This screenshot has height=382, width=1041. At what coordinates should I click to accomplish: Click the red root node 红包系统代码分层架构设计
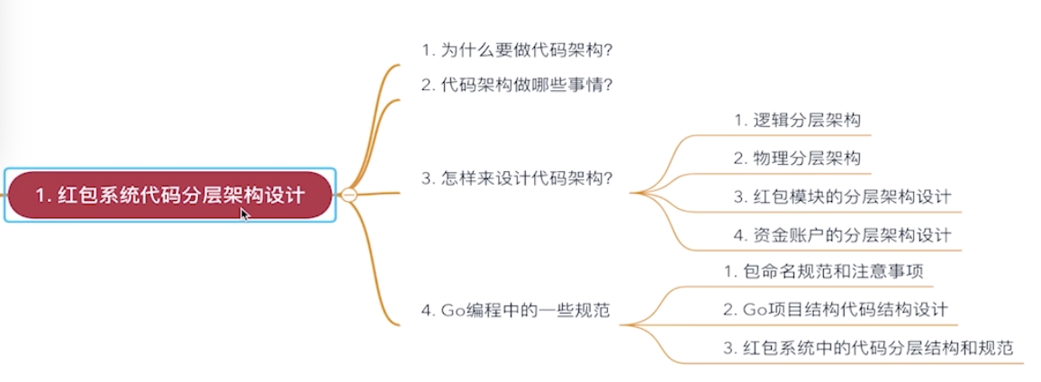(169, 195)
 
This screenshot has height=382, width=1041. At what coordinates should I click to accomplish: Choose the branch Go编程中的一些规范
(515, 311)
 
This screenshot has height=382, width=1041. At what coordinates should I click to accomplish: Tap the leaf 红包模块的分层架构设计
(842, 196)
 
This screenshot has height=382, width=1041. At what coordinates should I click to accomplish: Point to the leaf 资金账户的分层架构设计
(842, 235)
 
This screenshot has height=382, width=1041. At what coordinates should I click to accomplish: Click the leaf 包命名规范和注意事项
(822, 270)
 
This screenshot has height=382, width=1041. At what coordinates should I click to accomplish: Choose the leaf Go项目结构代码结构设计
(835, 309)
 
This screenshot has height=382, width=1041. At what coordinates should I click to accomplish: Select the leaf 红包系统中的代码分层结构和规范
(868, 348)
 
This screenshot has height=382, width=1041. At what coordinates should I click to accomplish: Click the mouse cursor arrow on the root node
(243, 213)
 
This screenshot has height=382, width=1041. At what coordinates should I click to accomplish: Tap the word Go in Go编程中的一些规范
(451, 311)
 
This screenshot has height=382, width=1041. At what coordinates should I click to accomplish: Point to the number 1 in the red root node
(41, 195)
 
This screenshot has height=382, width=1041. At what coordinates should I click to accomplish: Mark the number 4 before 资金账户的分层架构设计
(738, 235)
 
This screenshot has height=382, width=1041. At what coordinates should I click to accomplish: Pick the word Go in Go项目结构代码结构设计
(753, 309)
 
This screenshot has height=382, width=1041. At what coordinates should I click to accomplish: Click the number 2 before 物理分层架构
(738, 158)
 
